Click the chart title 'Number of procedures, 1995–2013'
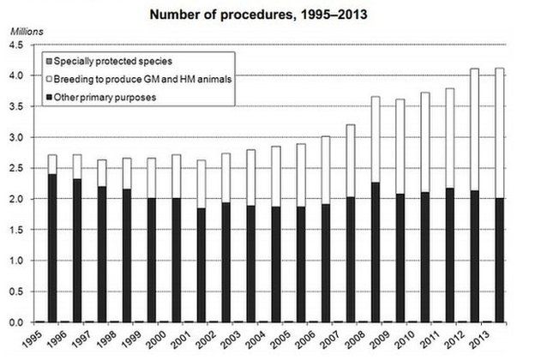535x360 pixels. (267, 15)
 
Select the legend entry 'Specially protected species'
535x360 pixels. (116, 63)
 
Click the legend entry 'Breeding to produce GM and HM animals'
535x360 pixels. (141, 80)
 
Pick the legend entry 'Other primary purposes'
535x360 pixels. (106, 97)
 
